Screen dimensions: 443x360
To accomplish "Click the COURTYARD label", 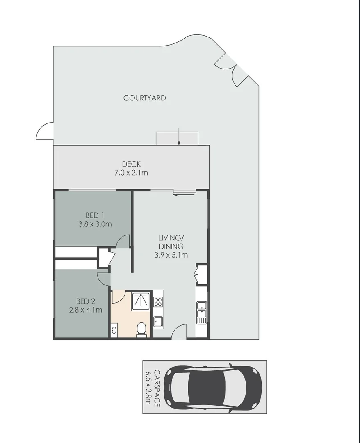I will point(144,98).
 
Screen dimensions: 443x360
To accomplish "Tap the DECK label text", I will point(131,164).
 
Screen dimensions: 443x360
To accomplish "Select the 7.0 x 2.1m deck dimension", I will point(131,173).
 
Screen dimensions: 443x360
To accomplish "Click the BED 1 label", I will point(95,215).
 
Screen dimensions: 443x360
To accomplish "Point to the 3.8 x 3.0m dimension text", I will point(95,224).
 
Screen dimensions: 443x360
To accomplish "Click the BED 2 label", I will point(85,301).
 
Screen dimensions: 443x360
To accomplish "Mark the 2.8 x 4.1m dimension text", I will point(85,310).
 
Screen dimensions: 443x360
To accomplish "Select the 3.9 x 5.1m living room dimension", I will point(171,255).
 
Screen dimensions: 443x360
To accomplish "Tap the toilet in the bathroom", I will point(141,329).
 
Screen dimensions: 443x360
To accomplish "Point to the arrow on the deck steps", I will point(179,137).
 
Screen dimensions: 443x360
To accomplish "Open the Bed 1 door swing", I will point(123,242).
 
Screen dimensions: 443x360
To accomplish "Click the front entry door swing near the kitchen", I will point(179,331).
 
